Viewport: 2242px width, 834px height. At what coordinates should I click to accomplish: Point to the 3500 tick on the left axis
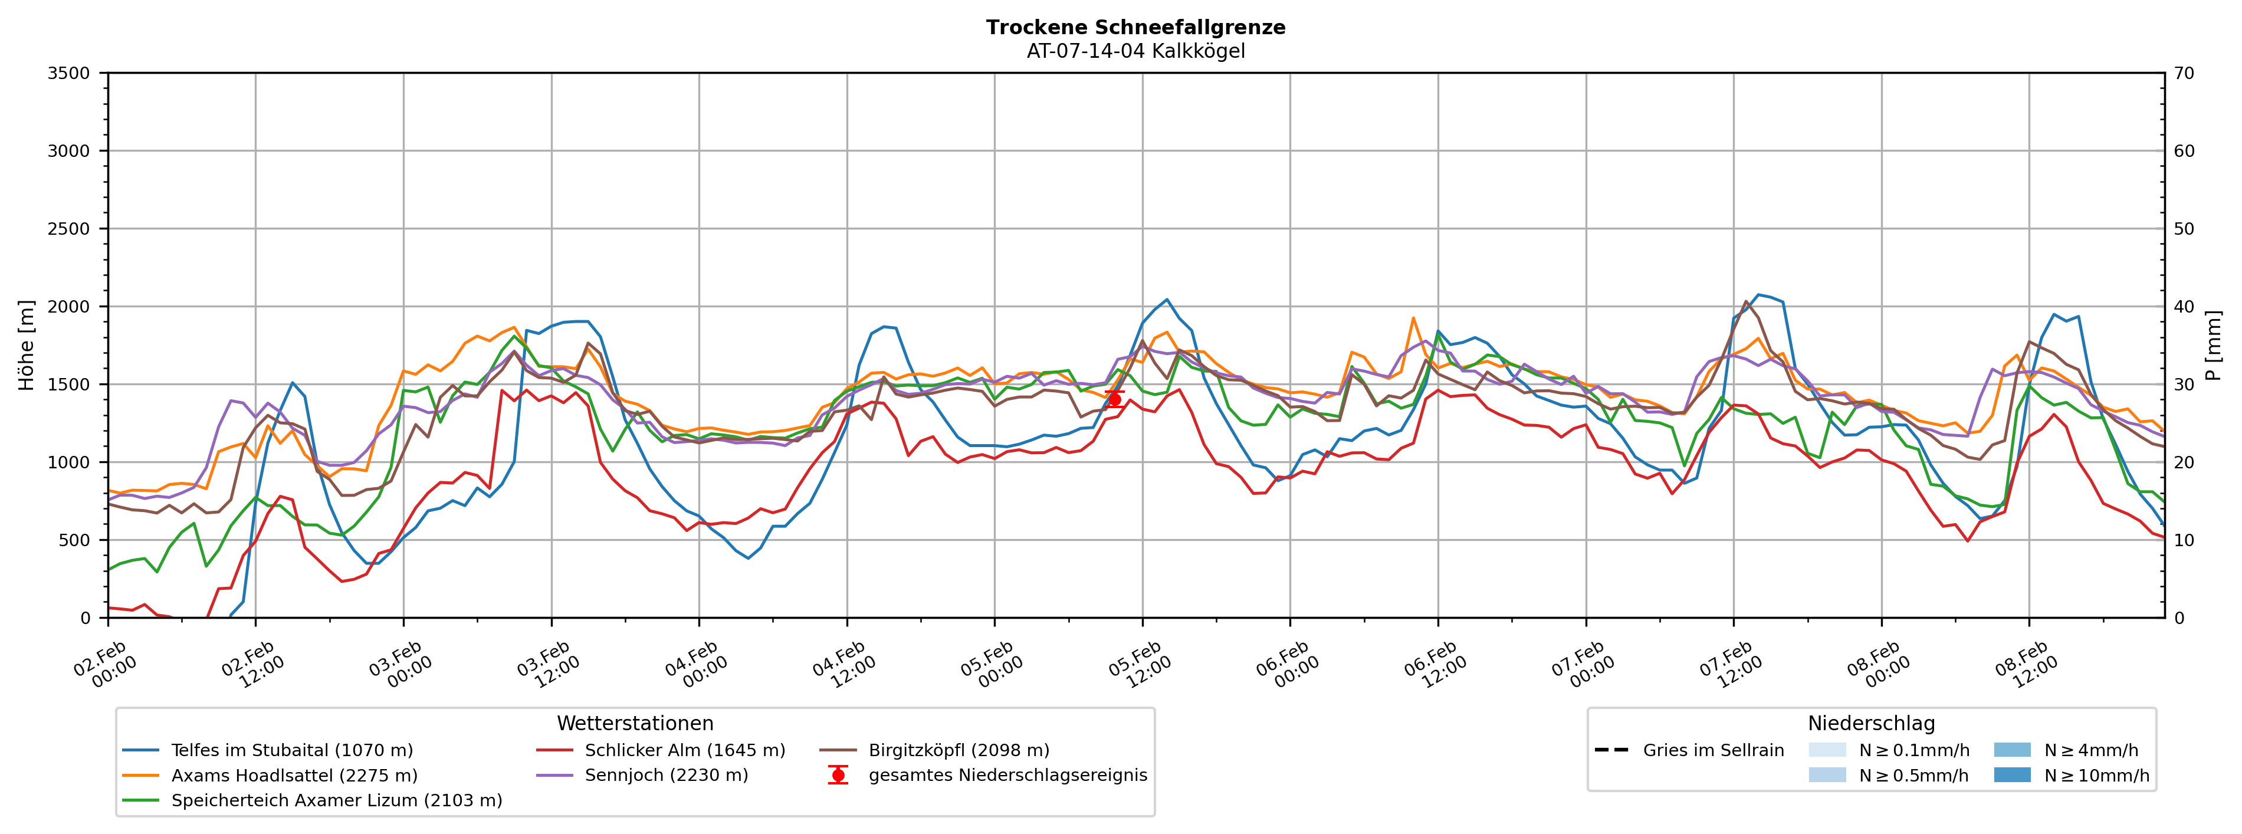click(69, 73)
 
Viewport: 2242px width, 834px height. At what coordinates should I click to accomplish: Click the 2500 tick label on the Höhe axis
click(69, 229)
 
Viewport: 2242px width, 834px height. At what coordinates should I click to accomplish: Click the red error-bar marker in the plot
click(1114, 399)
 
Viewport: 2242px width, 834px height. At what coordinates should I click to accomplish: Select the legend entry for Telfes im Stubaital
click(291, 750)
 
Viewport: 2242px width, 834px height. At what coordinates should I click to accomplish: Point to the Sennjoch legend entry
click(666, 776)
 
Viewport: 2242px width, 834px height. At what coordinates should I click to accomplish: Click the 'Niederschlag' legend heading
click(1870, 724)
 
